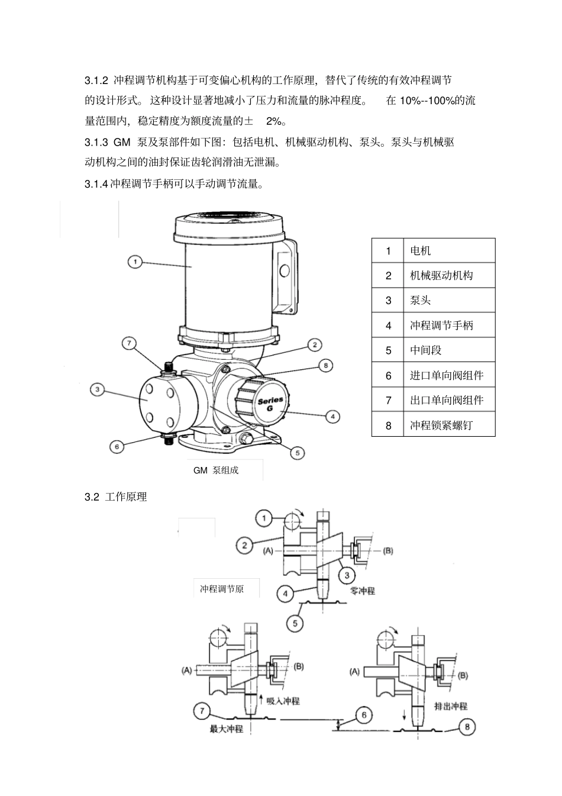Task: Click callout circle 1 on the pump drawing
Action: pos(135,261)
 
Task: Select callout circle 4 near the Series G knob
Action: pos(333,417)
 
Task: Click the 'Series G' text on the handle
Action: pos(270,404)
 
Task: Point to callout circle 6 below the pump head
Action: pos(117,446)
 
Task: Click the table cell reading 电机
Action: pos(421,251)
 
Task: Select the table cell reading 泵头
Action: pos(421,301)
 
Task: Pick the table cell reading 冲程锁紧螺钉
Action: pos(441,426)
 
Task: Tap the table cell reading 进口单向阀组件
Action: pos(447,376)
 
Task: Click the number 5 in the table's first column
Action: pos(388,350)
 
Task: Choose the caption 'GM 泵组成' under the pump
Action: pos(216,470)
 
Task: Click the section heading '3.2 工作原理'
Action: pos(116,497)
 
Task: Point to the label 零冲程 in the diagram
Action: pos(363,591)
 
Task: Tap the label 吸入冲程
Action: pos(283,701)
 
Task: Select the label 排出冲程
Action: pos(451,706)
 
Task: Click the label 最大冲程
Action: pos(227,729)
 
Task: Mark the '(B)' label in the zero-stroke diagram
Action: pos(388,551)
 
